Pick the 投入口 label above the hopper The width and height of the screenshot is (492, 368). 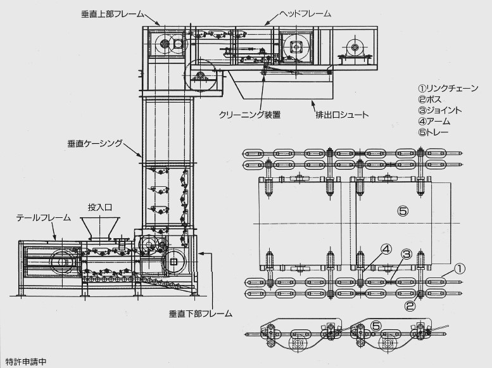tap(99, 208)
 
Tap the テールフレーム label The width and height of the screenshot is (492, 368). tap(43, 218)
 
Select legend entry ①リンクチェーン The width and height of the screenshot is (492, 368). tap(448, 87)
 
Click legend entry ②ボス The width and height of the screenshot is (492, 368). tap(432, 99)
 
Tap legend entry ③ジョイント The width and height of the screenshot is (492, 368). tap(439, 110)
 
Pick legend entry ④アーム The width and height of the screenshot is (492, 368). tap(436, 122)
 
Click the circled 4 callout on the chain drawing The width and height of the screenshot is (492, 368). tap(386, 250)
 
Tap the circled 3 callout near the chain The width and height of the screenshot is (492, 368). tap(407, 254)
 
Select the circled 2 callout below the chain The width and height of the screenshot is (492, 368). tap(409, 307)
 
